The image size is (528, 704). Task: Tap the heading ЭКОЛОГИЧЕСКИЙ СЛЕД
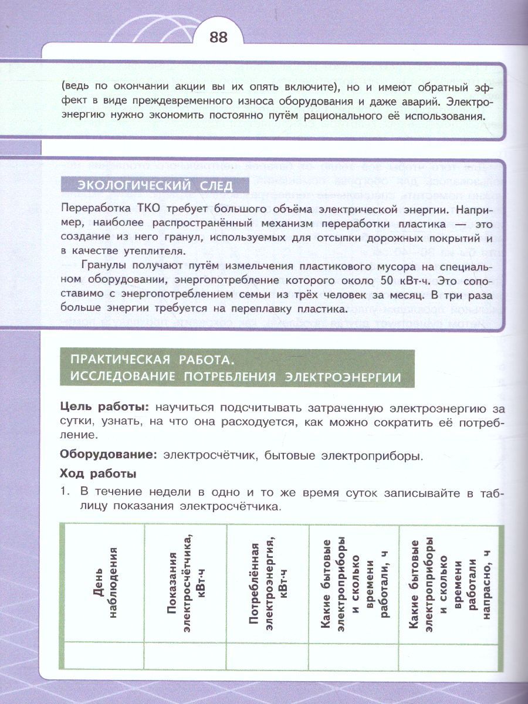pyautogui.click(x=155, y=187)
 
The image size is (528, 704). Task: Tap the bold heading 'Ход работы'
pyautogui.click(x=99, y=473)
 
